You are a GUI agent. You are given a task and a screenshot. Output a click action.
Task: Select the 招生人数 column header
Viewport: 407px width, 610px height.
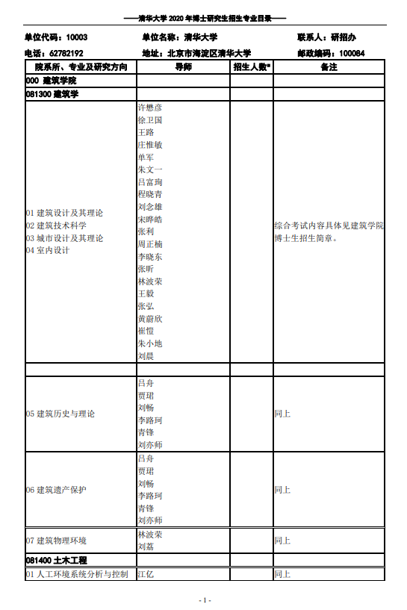pos(252,67)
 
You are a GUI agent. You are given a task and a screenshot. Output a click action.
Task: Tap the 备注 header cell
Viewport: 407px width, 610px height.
pos(329,67)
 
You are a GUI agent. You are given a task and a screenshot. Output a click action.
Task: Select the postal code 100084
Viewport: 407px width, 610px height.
pos(352,54)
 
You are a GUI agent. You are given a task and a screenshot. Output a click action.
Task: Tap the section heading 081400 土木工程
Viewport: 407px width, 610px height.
pos(57,560)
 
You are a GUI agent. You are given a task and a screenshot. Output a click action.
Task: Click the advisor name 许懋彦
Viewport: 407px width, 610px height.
pos(150,108)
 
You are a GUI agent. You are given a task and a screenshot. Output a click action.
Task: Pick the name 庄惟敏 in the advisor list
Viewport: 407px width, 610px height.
pos(150,145)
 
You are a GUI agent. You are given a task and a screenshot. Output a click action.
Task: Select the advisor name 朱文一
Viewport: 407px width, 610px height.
pos(150,169)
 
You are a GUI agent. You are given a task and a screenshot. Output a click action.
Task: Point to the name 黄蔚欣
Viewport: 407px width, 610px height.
pos(150,319)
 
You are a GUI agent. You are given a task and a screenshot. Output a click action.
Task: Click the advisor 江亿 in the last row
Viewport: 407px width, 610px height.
pos(146,574)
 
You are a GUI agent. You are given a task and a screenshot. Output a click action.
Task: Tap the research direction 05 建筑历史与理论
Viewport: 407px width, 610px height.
pos(60,414)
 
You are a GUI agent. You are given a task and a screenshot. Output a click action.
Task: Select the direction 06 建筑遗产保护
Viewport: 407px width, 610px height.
pos(56,490)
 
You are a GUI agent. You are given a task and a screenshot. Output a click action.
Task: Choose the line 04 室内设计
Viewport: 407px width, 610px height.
pos(48,251)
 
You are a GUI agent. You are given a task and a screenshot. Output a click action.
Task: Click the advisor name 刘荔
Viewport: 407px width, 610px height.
pos(146,547)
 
